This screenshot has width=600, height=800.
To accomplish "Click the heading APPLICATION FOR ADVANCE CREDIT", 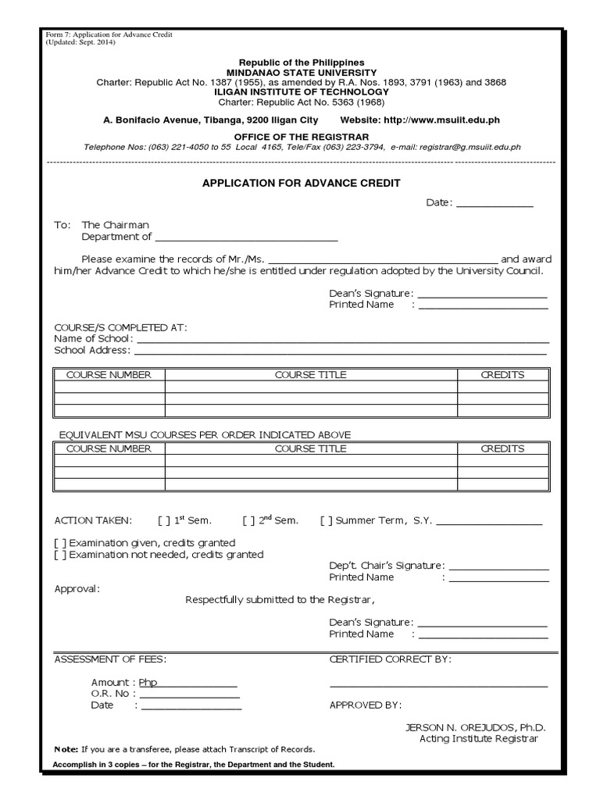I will (x=301, y=183).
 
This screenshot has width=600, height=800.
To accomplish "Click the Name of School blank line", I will (x=343, y=341).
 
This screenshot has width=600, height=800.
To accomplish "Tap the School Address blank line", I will (x=345, y=352).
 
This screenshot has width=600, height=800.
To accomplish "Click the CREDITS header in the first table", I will (x=502, y=375).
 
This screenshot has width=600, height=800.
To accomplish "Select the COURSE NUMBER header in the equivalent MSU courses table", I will (x=109, y=448).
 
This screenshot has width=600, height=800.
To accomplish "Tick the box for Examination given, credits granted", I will (x=59, y=543).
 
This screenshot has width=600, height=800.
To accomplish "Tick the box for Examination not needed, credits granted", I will (x=59, y=555).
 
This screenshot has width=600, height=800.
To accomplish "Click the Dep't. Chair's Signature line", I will (x=498, y=568).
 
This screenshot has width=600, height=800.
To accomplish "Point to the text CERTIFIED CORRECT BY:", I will (x=391, y=659).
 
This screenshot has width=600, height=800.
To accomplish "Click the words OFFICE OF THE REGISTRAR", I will (x=301, y=136).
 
